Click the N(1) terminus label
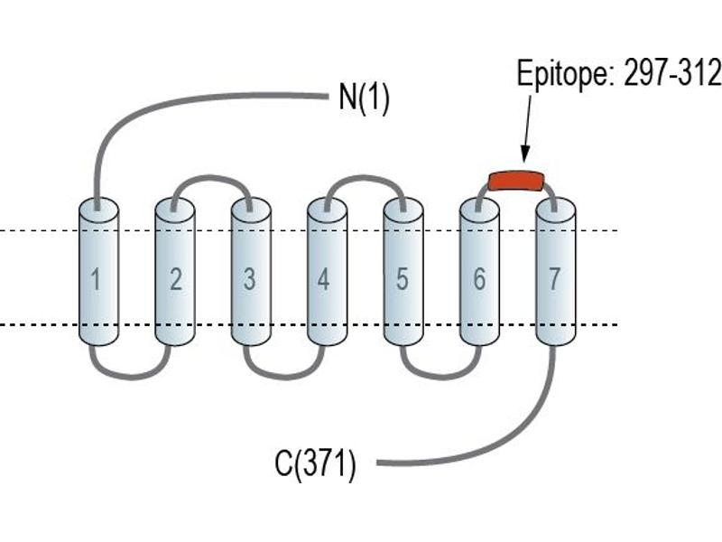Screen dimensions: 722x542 pyautogui.click(x=364, y=98)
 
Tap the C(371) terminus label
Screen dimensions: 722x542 pyautogui.click(x=315, y=463)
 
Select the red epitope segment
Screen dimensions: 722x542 pyautogui.click(x=516, y=181)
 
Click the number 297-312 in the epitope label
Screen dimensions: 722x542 pyautogui.click(x=671, y=73)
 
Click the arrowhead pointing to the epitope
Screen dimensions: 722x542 pyautogui.click(x=525, y=154)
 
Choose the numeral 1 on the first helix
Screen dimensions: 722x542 pyautogui.click(x=96, y=279)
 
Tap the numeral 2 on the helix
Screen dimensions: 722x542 pyautogui.click(x=175, y=279)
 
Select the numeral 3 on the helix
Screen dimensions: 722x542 pyautogui.click(x=250, y=279)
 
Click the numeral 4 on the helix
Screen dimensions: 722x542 pyautogui.click(x=324, y=279)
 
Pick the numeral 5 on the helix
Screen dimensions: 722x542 pyautogui.click(x=402, y=279)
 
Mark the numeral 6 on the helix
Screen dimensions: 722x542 pyautogui.click(x=479, y=279)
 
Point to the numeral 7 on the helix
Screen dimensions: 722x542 pyautogui.click(x=554, y=279)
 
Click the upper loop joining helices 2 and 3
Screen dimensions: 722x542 pyautogui.click(x=211, y=177)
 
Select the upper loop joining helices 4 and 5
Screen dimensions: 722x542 pyautogui.click(x=364, y=177)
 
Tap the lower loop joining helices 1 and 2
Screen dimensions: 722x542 pyautogui.click(x=131, y=377)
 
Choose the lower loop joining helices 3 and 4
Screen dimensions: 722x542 pyautogui.click(x=284, y=377)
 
